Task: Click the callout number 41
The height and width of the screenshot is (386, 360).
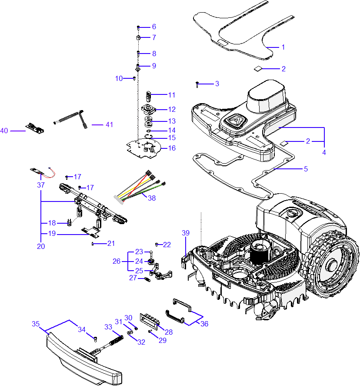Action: point(109,125)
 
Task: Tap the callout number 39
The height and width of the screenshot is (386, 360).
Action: point(186,233)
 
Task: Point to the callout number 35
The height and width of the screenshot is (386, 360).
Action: point(36,324)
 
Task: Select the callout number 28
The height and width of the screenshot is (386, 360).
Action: point(169,332)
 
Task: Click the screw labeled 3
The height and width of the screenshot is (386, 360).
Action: point(197,83)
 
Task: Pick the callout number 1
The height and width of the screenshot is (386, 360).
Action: point(283,47)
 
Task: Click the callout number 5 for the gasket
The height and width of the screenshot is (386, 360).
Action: point(306,169)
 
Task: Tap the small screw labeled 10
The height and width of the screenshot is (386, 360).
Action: point(134,78)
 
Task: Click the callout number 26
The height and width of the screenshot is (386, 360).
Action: point(116,262)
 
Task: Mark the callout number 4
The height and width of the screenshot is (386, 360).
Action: point(324,153)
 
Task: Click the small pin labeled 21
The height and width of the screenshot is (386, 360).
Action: point(94,244)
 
